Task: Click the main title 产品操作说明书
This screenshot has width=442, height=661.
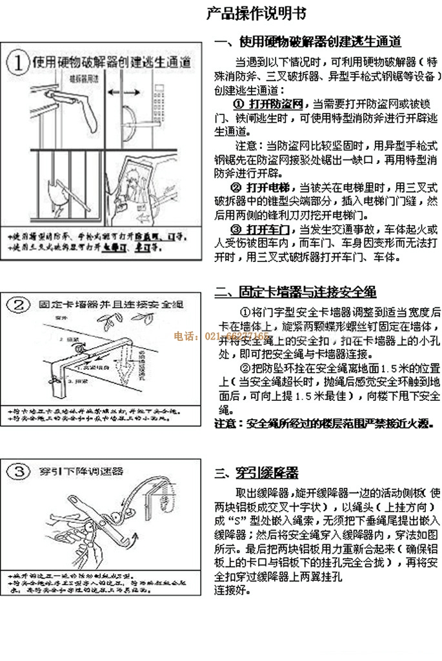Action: tap(257, 12)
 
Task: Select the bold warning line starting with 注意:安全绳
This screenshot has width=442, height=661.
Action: tap(323, 424)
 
